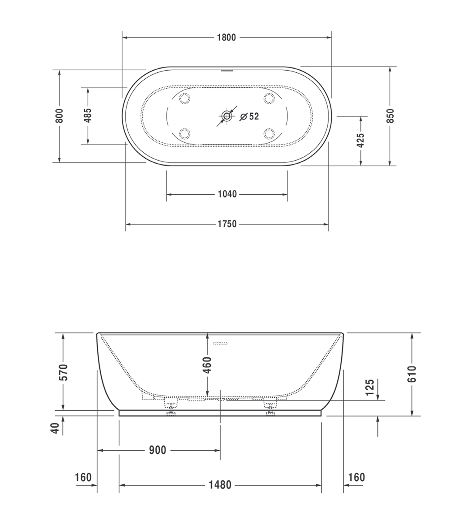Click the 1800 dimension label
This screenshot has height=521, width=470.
[226, 38]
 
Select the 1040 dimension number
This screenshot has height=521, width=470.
[227, 194]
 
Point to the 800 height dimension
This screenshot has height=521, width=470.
[59, 116]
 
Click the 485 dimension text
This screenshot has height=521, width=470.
[88, 115]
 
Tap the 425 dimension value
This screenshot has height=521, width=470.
[361, 140]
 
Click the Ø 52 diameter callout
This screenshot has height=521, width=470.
[249, 117]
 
